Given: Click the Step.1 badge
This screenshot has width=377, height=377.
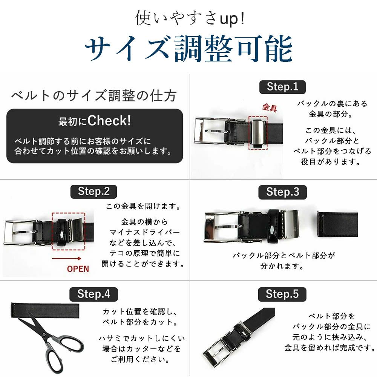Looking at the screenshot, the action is coord(282,87).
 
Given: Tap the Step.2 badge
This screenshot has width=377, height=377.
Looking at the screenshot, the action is coord(94,192).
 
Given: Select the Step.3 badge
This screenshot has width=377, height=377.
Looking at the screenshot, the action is coord(282,192).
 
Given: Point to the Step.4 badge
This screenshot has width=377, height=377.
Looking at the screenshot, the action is coord(93,294).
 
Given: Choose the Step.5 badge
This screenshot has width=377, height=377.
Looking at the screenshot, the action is coord(282,294).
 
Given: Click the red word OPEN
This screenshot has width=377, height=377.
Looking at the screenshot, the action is coord(78,269).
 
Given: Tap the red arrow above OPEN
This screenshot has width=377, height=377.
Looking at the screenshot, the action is coord(67,259).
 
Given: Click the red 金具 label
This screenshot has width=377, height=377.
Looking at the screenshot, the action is coord(269,107).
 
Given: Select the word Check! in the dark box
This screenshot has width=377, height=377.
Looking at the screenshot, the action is coord(109,121).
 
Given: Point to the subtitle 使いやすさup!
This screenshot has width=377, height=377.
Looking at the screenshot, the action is coord(190,18).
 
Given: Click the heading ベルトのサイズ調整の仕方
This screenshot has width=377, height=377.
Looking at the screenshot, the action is coord(94,96).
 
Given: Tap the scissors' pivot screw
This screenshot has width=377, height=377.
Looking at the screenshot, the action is coord(44,334).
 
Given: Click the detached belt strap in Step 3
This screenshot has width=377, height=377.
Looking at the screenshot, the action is coord(337,224).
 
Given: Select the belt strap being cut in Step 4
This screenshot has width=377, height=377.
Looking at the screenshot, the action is coord(45,310).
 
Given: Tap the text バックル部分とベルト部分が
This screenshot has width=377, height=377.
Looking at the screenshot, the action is coord(284,255).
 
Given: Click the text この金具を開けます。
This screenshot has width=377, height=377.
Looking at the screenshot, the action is coord(143,206).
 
